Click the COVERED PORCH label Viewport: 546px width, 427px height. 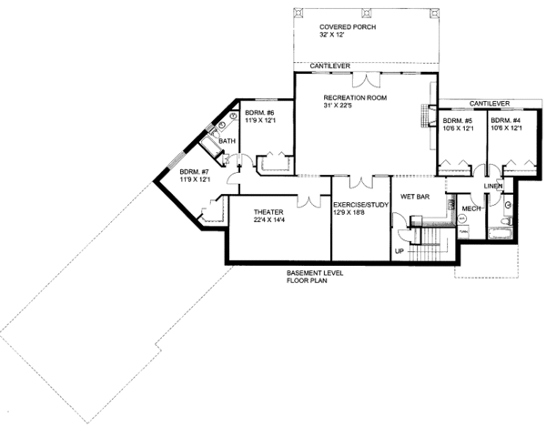pyautogui.click(x=347, y=28)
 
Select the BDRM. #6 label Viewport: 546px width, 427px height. pyautogui.click(x=259, y=113)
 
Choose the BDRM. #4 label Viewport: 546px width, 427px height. pyautogui.click(x=506, y=120)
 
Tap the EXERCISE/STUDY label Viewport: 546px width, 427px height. pyautogui.click(x=360, y=206)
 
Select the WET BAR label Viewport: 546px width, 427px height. pyautogui.click(x=414, y=195)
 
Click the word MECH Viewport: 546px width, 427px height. pyautogui.click(x=471, y=208)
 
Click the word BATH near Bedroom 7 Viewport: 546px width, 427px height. pyautogui.click(x=227, y=141)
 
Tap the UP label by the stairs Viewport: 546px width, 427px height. pyautogui.click(x=399, y=249)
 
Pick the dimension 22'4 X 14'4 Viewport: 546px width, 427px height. pyautogui.click(x=255, y=220)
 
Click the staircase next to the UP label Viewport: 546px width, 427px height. pyautogui.click(x=427, y=239)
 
